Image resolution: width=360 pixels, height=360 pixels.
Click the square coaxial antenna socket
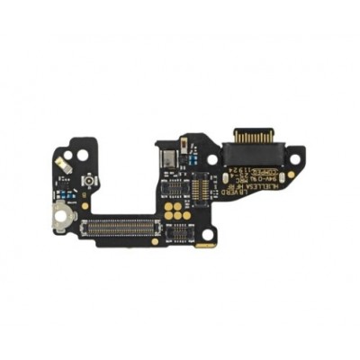coord(89,181)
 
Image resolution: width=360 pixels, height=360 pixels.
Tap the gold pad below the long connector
coord(155,241)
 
